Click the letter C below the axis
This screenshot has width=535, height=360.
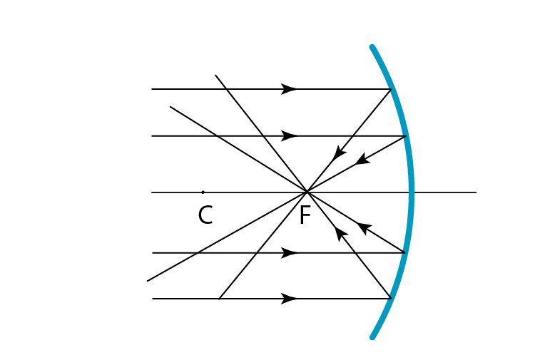(205, 215)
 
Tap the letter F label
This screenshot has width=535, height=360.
(305, 215)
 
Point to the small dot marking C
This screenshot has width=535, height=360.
(203, 192)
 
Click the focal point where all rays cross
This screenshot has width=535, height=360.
(307, 192)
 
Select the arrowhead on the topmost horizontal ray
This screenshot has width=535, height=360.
(289, 89)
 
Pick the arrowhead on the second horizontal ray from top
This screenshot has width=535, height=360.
(289, 135)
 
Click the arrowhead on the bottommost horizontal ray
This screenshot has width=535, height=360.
(289, 299)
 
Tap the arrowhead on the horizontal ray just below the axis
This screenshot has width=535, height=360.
(289, 252)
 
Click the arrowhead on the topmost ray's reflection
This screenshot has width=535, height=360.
(340, 153)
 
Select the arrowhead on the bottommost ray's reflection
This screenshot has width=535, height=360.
(341, 233)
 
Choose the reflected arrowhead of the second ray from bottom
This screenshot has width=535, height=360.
(364, 228)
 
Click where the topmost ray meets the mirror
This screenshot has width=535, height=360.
(391, 89)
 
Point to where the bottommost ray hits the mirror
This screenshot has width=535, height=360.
(391, 299)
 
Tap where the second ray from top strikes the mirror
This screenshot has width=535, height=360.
(406, 135)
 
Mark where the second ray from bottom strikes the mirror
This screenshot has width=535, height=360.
(405, 252)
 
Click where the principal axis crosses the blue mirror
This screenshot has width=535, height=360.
(412, 192)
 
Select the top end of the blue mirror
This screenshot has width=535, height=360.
(372, 48)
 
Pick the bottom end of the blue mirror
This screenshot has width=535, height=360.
(372, 336)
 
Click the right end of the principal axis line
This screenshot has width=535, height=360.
(476, 192)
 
